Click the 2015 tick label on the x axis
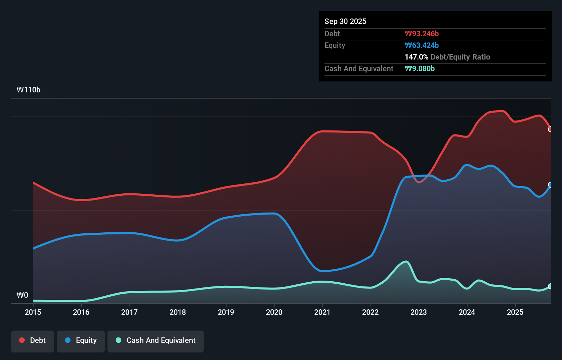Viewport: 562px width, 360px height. pos(33,312)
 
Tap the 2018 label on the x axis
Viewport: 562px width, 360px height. pos(178,312)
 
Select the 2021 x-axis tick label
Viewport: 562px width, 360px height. pos(322,312)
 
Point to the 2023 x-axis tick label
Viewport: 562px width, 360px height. pos(419,312)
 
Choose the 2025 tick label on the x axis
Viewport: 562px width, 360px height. pos(515,312)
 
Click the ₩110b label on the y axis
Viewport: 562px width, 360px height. pos(28,90)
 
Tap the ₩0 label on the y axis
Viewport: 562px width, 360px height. pos(22,295)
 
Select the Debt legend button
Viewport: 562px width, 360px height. pos(33,340)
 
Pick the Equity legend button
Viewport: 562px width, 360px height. pos(81,340)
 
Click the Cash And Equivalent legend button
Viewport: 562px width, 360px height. pos(156,340)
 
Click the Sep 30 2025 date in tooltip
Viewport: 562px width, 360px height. pos(345,21)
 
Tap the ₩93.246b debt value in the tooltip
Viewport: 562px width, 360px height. pos(422,34)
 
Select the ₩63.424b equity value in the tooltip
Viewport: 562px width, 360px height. pos(422,45)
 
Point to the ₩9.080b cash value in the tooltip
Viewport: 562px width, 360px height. pos(420,68)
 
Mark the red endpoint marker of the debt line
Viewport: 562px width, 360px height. pos(550,129)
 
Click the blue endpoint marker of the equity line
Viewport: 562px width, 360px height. pos(550,185)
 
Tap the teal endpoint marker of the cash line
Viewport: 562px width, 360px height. pos(550,286)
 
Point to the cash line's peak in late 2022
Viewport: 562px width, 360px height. pos(406,262)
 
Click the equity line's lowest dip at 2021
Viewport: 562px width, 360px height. pos(322,271)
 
